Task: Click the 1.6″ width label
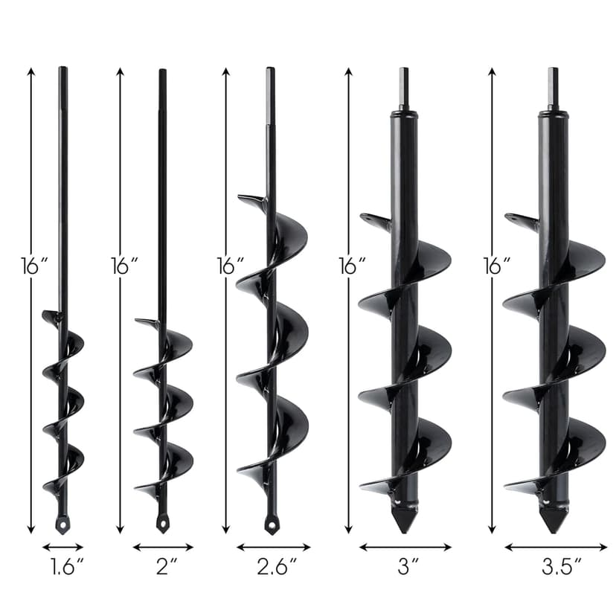coord(67,567)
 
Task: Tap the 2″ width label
coord(167,567)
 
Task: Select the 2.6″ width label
coord(276,567)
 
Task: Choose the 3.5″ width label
coord(562,567)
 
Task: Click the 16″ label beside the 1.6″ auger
coord(34,266)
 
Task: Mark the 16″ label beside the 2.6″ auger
coord(231,266)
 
